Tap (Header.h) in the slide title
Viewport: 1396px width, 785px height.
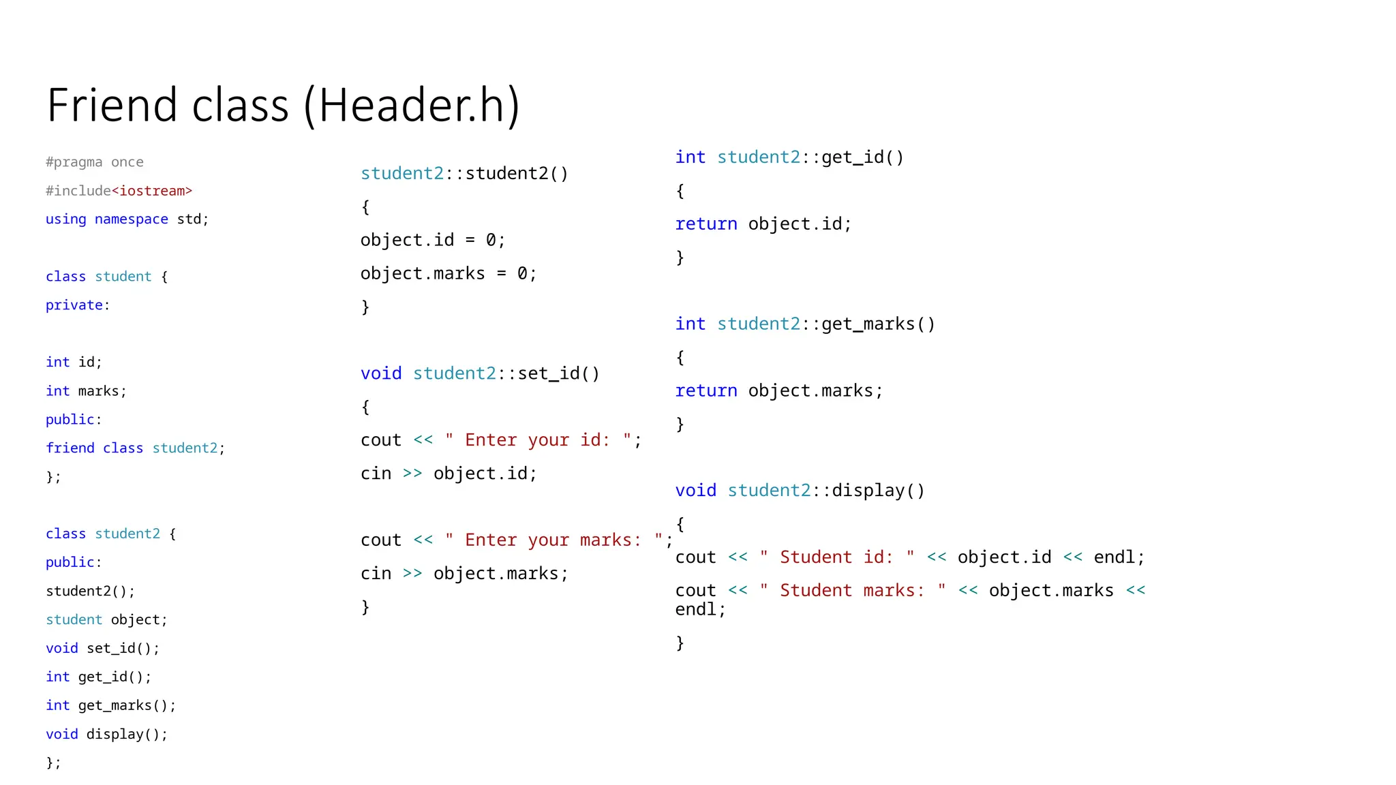[412, 106]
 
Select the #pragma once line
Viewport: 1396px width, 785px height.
[95, 162]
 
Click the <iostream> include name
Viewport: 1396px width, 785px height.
[152, 191]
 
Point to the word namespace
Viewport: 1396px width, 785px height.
[131, 219]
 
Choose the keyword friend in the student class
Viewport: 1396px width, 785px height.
[70, 448]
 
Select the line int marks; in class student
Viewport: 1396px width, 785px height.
[86, 391]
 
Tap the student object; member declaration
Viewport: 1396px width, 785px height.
[106, 620]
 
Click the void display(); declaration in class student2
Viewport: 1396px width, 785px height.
[106, 735]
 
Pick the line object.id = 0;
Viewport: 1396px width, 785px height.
[433, 241]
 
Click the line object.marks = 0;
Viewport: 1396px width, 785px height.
[449, 274]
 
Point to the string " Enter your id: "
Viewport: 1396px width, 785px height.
[538, 440]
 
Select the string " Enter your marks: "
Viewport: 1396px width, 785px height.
[554, 540]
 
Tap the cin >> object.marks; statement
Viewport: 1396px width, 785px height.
[464, 574]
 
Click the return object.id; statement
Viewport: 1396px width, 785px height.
[763, 224]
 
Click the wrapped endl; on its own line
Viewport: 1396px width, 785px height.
[700, 610]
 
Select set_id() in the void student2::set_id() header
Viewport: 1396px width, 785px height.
[558, 374]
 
